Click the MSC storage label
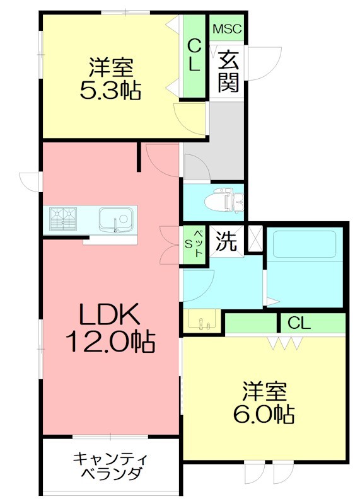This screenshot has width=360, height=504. pyautogui.click(x=227, y=29)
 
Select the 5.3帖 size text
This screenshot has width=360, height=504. pyautogui.click(x=110, y=91)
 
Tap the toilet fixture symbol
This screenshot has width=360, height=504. pyautogui.click(x=224, y=202)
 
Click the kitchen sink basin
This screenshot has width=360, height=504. pyautogui.click(x=116, y=219)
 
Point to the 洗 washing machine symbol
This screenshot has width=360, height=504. pyautogui.click(x=226, y=241)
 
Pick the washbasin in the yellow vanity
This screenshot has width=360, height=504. pyautogui.click(x=202, y=319)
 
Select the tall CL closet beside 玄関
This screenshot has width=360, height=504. pyautogui.click(x=194, y=56)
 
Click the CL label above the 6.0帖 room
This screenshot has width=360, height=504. pyautogui.click(x=299, y=323)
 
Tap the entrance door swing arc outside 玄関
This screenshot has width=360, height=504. pyautogui.click(x=265, y=64)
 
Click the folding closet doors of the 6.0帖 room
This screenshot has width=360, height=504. pyautogui.click(x=285, y=343)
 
